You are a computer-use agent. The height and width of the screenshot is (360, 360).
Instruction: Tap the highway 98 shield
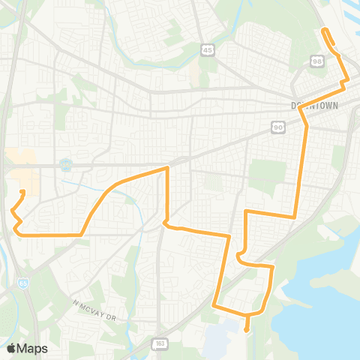pyautogui.click(x=317, y=60)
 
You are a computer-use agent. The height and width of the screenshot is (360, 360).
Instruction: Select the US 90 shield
pyautogui.click(x=278, y=128)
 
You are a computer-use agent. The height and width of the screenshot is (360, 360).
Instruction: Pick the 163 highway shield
pyautogui.click(x=160, y=343)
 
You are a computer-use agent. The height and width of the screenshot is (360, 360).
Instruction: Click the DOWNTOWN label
pyautogui.click(x=314, y=106)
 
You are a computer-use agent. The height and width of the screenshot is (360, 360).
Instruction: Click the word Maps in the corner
pyautogui.click(x=33, y=348)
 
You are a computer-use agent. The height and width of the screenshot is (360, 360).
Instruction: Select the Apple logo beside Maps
pyautogui.click(x=11, y=347)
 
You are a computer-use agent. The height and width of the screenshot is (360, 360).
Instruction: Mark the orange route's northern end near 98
pyautogui.click(x=324, y=30)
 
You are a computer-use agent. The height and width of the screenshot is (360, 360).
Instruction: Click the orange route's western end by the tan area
pyautogui.click(x=22, y=192)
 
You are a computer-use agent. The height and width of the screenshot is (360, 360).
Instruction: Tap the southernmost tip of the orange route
pyautogui.click(x=247, y=328)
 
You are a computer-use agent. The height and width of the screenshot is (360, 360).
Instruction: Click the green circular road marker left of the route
pyautogui.click(x=66, y=163)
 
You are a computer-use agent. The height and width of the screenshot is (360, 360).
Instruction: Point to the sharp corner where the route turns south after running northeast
pyautogui.click(x=166, y=169)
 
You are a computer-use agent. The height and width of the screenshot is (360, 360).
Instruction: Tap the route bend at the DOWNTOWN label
pyautogui.click(x=301, y=108)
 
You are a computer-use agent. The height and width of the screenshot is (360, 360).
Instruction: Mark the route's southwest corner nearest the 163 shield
pyautogui.click(x=214, y=305)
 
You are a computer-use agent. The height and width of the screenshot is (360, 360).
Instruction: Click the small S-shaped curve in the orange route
pyautogui.click(x=241, y=255)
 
